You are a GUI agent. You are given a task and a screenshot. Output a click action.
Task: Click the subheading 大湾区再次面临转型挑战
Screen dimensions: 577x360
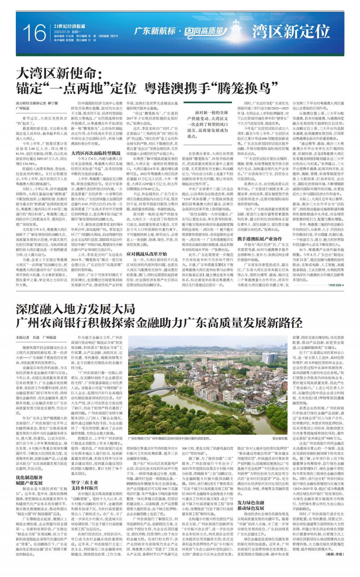click(x=93, y=153)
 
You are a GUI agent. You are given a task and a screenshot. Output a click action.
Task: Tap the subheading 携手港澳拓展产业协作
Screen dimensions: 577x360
click(x=260, y=228)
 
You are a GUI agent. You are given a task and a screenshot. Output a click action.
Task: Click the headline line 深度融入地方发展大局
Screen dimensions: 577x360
click(x=75, y=309)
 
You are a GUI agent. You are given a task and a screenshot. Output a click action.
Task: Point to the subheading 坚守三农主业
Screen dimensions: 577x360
click(x=84, y=482)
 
